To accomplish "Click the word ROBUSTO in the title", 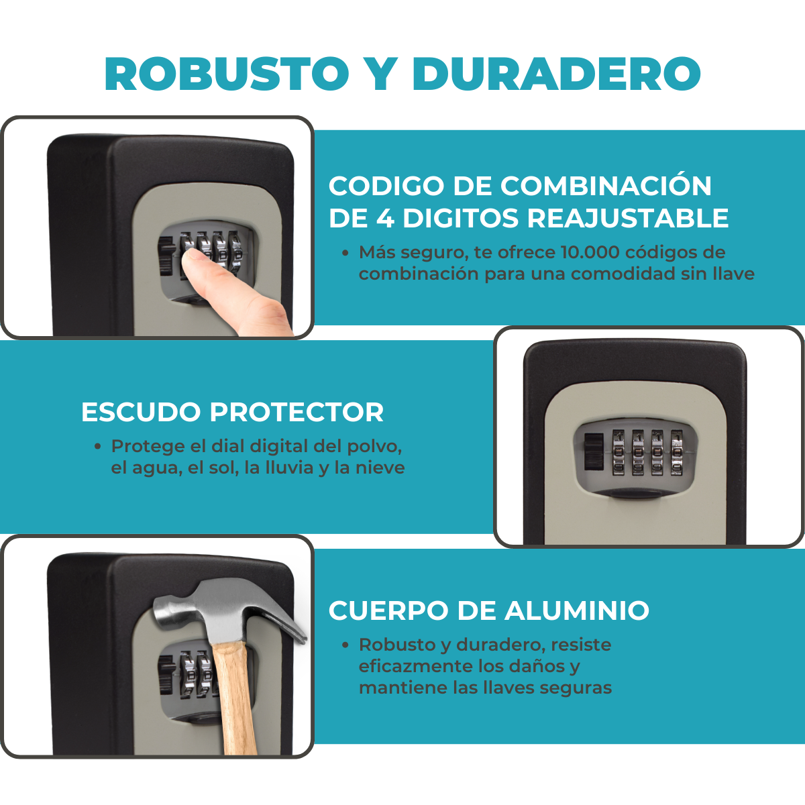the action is coord(227,74).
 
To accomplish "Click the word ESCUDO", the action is coord(141,412).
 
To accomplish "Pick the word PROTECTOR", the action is coord(297,412).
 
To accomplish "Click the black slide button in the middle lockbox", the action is coord(594,452).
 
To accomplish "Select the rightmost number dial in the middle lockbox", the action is coord(676,453).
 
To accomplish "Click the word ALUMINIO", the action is coord(577,610).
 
